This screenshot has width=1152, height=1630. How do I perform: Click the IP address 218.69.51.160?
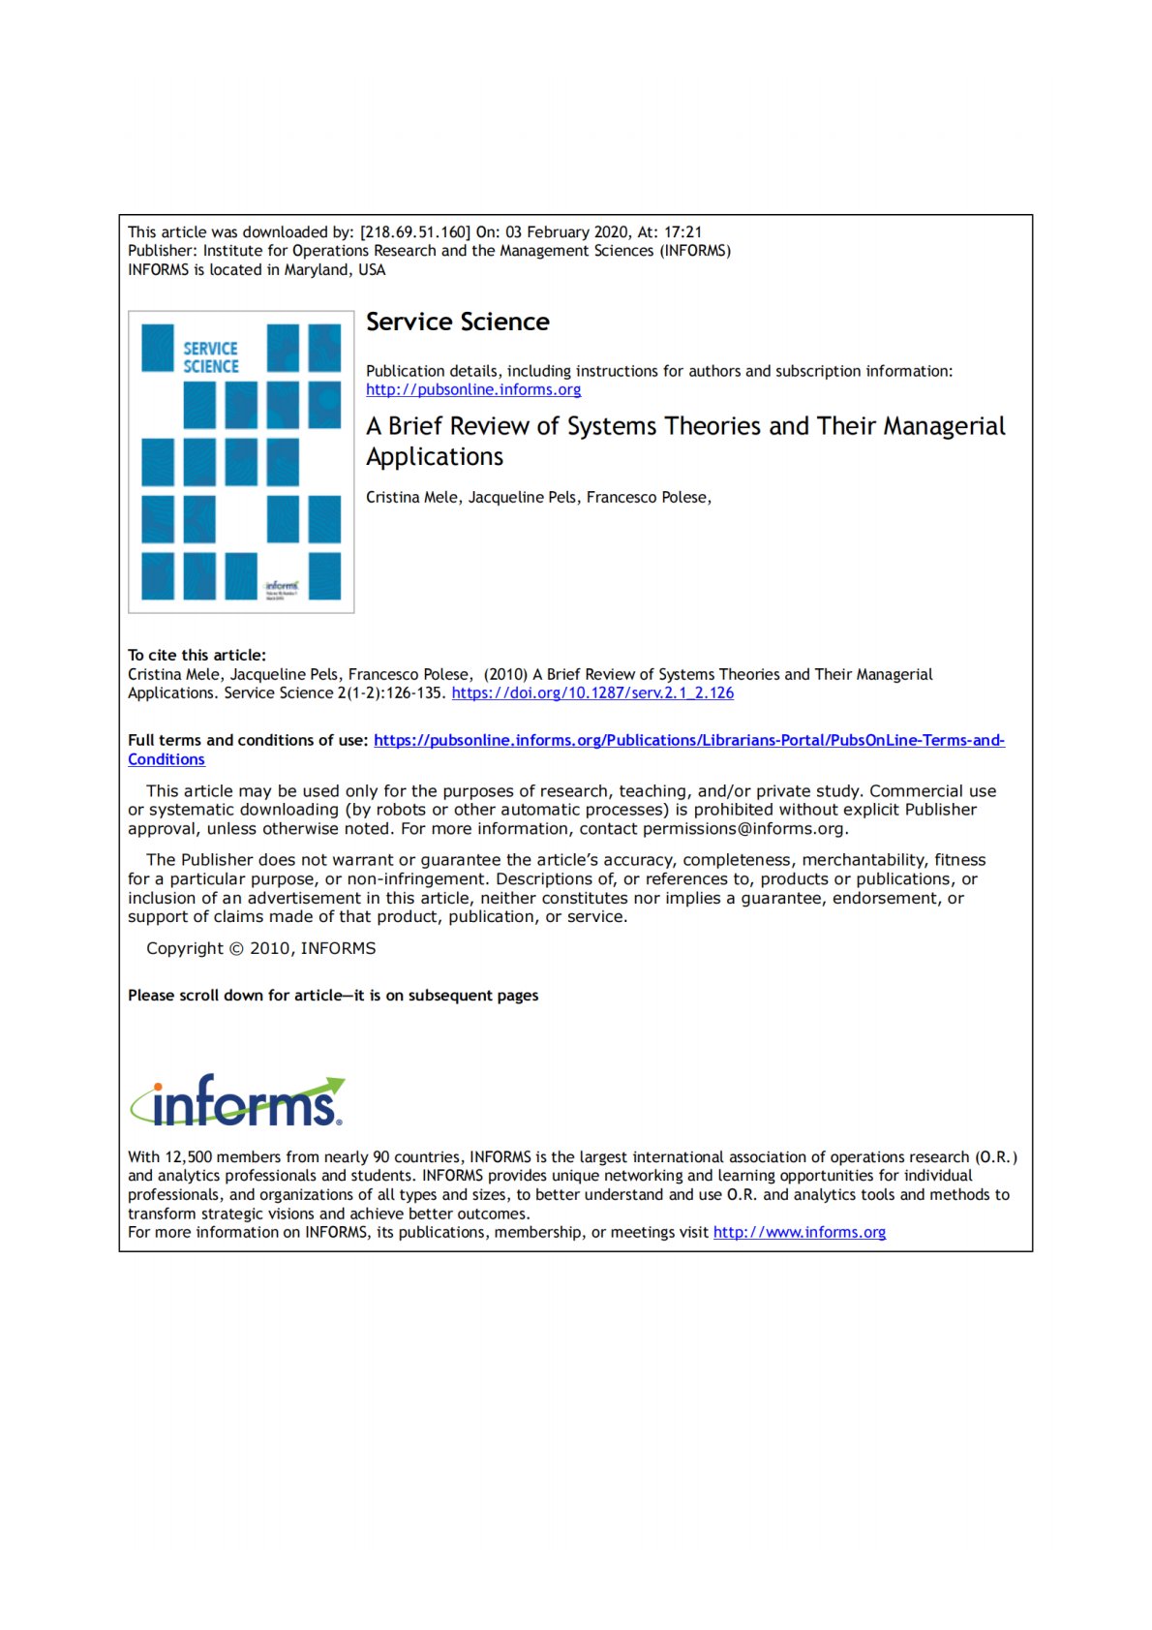[x=415, y=232]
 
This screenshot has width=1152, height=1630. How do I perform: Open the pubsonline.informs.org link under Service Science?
[x=473, y=389]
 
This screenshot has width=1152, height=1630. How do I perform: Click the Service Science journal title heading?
[x=457, y=322]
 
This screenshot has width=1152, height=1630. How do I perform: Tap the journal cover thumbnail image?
[x=241, y=462]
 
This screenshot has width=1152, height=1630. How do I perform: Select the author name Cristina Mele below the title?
[x=411, y=498]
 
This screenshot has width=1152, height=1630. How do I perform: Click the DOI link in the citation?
[x=592, y=693]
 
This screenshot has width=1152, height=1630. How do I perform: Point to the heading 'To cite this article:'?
[x=197, y=656]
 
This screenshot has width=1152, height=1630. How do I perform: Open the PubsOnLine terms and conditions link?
[x=688, y=741]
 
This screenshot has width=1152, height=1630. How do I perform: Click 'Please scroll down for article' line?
[x=333, y=996]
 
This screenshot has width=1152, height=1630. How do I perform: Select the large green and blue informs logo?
[x=238, y=1101]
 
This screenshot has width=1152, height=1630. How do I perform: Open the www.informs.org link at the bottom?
[x=799, y=1233]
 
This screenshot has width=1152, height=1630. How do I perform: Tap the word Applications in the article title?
[x=435, y=457]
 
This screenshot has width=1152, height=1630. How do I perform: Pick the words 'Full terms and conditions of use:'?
[x=248, y=741]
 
